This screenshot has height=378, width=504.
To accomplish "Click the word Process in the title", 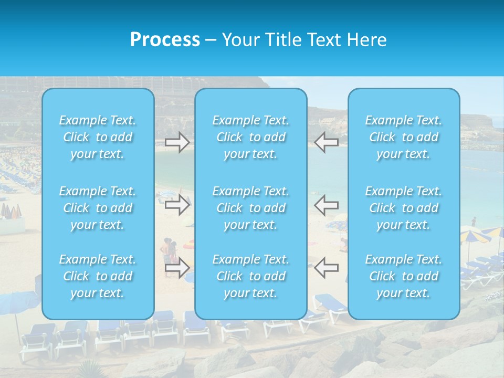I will click(x=165, y=40).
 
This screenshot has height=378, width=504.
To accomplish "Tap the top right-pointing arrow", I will click(x=177, y=142).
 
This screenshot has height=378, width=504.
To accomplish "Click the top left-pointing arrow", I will click(x=326, y=142).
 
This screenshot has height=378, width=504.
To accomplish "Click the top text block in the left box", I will click(x=98, y=137).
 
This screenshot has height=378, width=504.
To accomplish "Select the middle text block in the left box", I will click(x=98, y=208).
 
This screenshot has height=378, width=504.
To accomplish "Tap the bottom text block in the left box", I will click(x=98, y=276).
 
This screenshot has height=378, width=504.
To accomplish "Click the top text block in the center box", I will click(x=251, y=137).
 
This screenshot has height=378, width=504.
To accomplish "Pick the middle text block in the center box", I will click(x=251, y=208).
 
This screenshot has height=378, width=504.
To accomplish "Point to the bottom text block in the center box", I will click(x=251, y=276).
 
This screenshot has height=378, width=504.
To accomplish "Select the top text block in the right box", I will click(x=404, y=137).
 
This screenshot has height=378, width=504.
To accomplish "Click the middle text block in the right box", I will click(x=404, y=208).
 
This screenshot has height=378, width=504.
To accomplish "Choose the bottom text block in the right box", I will click(x=404, y=276).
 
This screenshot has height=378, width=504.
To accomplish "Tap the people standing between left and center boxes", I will click(x=170, y=251).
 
